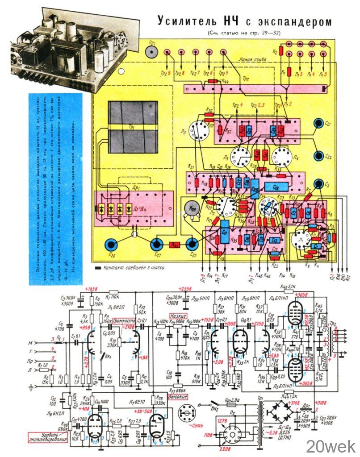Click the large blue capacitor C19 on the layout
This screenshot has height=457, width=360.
click(x=275, y=186)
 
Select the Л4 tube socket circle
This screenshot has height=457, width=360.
click(x=282, y=158)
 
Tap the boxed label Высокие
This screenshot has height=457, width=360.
click(x=177, y=397)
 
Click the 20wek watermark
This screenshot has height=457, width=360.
click(x=330, y=445)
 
